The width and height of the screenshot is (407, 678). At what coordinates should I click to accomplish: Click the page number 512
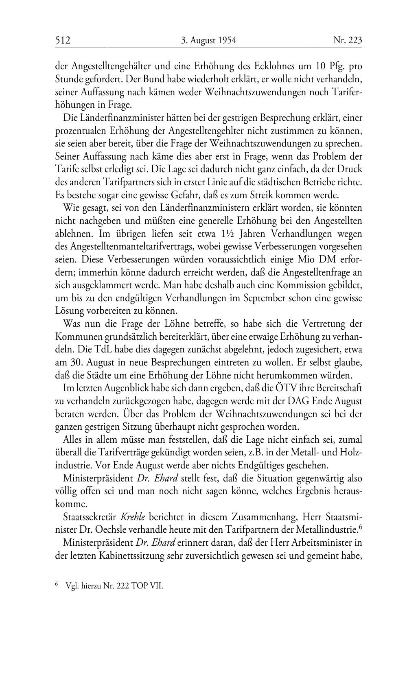coord(63,40)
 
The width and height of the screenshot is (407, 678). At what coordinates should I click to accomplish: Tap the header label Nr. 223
coord(348,40)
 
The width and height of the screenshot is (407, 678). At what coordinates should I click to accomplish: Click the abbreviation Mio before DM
coord(305,259)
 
